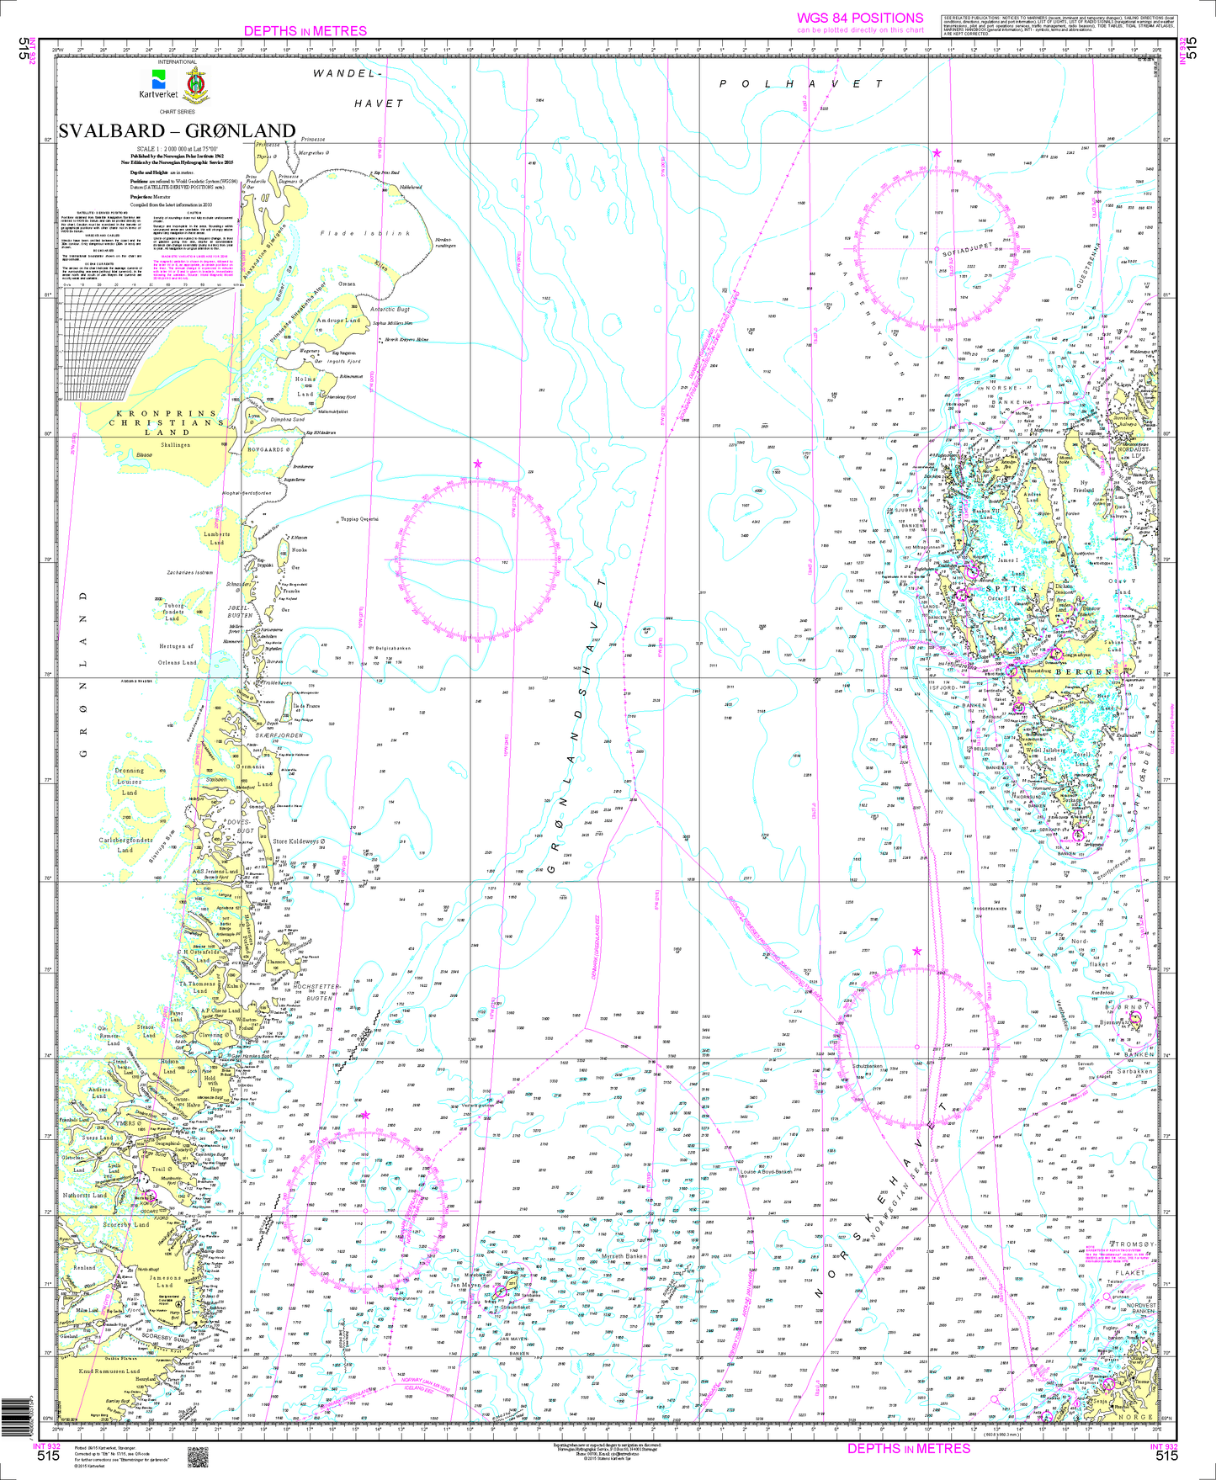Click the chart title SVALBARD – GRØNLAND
tap(177, 131)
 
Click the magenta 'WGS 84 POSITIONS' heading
tap(860, 18)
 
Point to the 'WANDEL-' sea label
tap(342, 74)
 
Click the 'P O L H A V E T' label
tap(800, 84)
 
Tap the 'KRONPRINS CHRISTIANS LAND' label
tap(165, 423)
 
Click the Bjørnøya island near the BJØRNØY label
tap(1134, 1020)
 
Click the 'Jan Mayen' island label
tap(465, 1285)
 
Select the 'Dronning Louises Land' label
tap(130, 781)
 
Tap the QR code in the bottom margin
tap(196, 1456)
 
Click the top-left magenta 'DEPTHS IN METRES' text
tap(305, 31)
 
